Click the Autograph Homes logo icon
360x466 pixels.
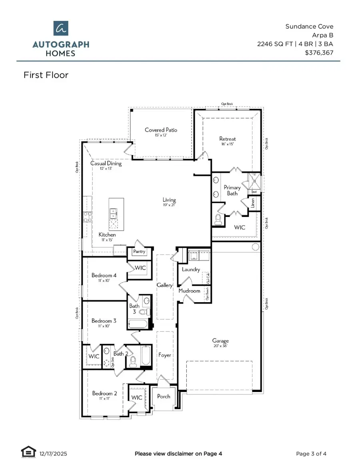(60, 29)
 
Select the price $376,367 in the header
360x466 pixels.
(319, 52)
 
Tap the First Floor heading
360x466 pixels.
(46, 75)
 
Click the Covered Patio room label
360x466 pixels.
(161, 130)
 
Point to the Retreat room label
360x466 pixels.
(228, 139)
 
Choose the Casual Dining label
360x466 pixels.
(106, 163)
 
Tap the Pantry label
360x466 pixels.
(139, 252)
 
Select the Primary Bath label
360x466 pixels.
(232, 190)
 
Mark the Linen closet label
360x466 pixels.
(252, 204)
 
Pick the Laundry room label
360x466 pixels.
(191, 269)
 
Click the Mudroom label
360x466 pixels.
(189, 291)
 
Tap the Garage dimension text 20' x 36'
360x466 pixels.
(220, 347)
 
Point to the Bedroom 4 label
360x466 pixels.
(104, 275)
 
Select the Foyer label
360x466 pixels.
(165, 355)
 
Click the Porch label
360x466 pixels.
(164, 396)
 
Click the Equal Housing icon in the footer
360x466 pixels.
(26, 453)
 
